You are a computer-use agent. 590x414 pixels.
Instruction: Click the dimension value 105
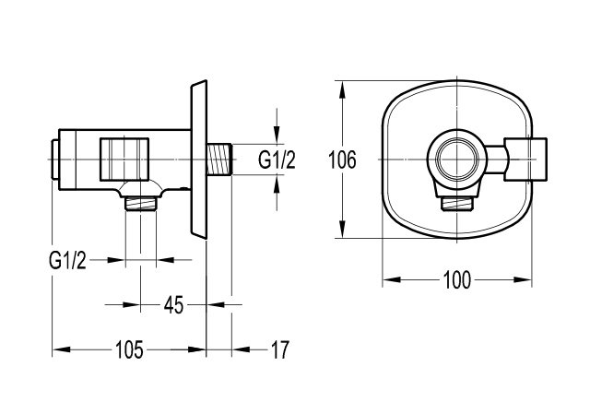129,349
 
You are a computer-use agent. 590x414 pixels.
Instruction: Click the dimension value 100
457,277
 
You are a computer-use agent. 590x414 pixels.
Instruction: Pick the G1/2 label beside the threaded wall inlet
276,160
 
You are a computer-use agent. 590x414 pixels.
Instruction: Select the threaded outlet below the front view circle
457,203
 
